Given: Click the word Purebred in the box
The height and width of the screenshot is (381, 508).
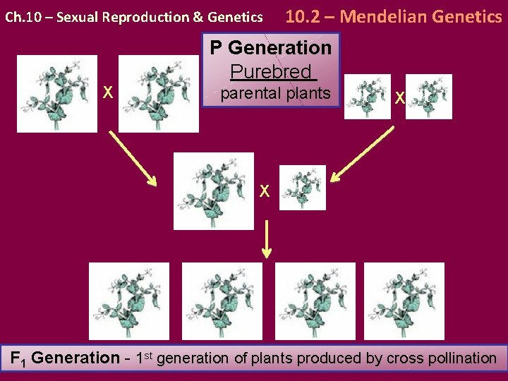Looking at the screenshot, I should (271, 71).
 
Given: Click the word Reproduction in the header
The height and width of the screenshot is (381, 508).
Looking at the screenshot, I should (137, 17).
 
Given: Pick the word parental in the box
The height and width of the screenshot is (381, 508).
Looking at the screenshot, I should (248, 92).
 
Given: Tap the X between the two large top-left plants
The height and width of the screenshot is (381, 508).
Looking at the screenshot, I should (108, 92).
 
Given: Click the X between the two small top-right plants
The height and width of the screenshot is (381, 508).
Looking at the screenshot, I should (399, 97).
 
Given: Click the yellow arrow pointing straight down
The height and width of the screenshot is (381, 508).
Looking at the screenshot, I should (267, 238).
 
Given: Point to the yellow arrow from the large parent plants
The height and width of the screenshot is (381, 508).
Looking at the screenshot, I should (133, 159).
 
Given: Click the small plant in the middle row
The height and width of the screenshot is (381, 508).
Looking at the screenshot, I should (303, 188).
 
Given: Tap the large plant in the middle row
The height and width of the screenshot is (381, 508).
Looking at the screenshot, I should (213, 191).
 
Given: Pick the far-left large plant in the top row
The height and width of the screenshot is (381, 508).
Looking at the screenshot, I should (57, 94).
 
